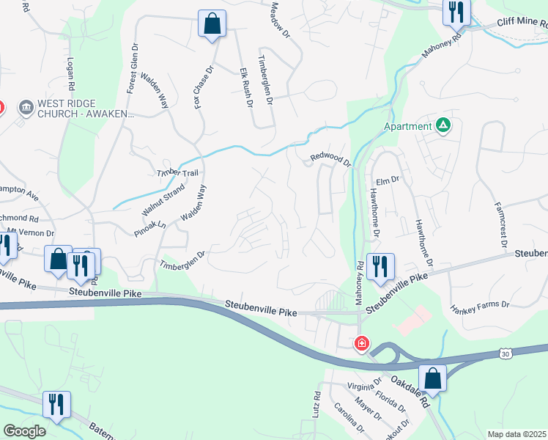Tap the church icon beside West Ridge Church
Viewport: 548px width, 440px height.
pyautogui.click(x=26, y=109)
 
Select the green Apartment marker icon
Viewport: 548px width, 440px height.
pyautogui.click(x=443, y=125)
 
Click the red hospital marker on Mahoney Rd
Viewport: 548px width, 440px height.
pyautogui.click(x=362, y=343)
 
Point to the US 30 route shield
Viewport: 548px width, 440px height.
pyautogui.click(x=506, y=354)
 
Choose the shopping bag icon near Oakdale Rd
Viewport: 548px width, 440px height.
pyautogui.click(x=433, y=378)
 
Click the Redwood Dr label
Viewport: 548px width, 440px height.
pyautogui.click(x=330, y=156)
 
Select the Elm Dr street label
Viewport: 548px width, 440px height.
pyautogui.click(x=386, y=179)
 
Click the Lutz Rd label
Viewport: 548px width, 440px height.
pyautogui.click(x=316, y=405)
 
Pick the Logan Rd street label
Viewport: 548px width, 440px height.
pyautogui.click(x=71, y=73)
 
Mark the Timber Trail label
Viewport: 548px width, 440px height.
pyautogui.click(x=177, y=173)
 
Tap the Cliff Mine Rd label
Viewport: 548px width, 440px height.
pyautogui.click(x=522, y=23)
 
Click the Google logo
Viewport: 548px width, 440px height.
pyautogui.click(x=24, y=431)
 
